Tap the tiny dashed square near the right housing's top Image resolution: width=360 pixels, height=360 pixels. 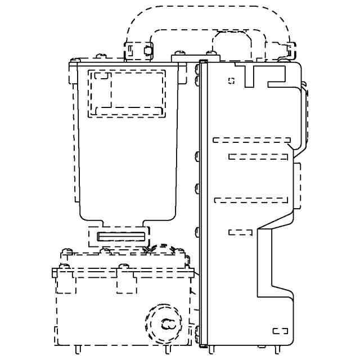(x=231, y=80)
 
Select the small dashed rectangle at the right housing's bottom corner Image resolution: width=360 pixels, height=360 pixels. (x=280, y=331)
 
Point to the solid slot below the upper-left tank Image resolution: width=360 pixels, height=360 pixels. (x=121, y=236)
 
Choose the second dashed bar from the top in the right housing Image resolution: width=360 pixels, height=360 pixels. (x=259, y=156)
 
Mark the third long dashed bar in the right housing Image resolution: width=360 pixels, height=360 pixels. (x=251, y=200)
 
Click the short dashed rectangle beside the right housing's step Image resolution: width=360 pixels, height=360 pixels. (x=240, y=232)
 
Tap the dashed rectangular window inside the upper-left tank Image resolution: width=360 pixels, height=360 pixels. (x=127, y=93)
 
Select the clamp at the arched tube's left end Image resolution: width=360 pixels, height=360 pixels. (x=138, y=51)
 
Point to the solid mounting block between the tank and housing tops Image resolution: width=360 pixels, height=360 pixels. (x=185, y=56)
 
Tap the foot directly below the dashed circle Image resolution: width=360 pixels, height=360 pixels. (x=168, y=349)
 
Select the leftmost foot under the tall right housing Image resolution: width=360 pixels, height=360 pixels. (x=211, y=349)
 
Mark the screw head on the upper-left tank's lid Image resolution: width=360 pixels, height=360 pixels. (x=101, y=56)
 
